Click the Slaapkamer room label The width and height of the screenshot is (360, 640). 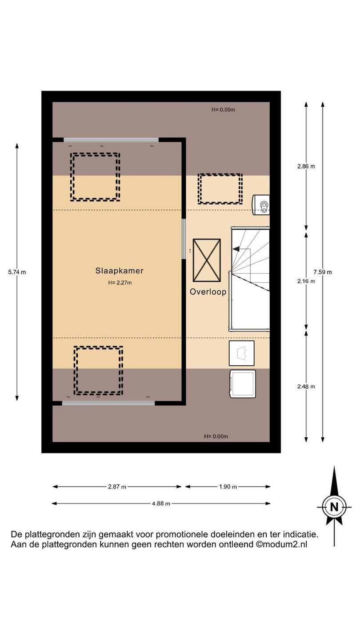120,271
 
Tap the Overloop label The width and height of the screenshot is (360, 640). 208,292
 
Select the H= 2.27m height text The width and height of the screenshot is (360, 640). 120,283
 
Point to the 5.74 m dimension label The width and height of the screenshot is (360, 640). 17,272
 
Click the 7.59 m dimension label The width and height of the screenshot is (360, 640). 323,272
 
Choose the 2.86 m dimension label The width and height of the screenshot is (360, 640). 306,166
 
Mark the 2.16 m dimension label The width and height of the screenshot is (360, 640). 306,281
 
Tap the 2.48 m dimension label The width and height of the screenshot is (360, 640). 306,387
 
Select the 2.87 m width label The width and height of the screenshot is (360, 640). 117,487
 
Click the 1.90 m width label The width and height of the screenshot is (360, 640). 228,487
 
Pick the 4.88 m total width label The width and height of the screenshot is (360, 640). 161,504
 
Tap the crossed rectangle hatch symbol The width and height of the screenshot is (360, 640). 207,260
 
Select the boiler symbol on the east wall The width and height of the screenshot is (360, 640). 260,204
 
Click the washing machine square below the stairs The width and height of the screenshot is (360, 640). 243,384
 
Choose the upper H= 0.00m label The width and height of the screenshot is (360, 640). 223,110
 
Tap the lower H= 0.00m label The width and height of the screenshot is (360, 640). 216,436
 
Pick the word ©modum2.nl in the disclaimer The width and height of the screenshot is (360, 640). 281,544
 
